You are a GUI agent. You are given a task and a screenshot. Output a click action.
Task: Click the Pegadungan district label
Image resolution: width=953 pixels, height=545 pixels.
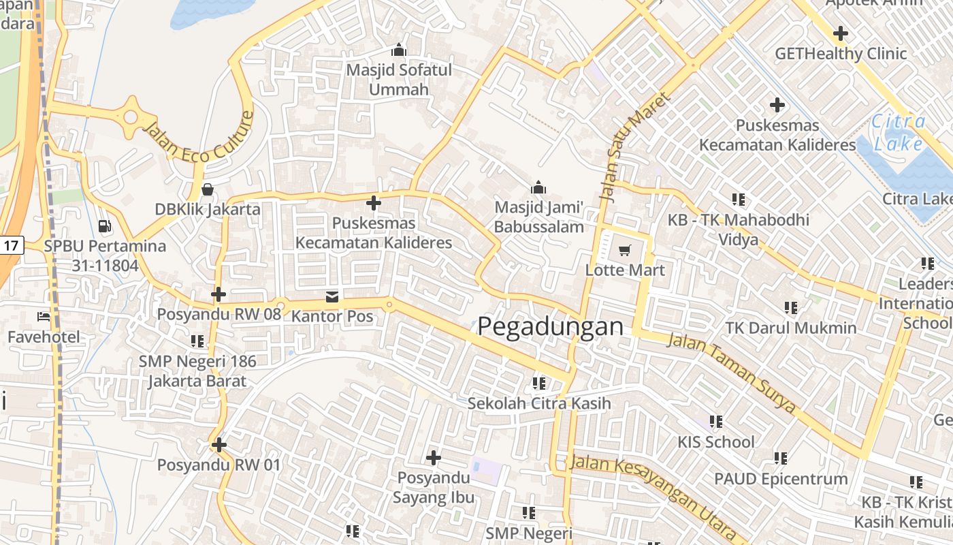pyautogui.click(x=550, y=327)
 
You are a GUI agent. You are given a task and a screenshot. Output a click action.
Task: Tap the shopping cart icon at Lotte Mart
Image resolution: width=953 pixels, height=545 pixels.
pyautogui.click(x=624, y=250)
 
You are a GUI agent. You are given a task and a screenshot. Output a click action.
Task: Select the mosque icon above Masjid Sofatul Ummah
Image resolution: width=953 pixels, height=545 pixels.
pyautogui.click(x=399, y=50)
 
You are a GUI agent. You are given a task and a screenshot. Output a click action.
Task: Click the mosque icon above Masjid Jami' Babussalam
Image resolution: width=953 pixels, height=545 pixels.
pyautogui.click(x=538, y=187)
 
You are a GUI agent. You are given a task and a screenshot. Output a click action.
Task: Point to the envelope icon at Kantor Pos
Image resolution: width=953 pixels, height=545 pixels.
pyautogui.click(x=332, y=296)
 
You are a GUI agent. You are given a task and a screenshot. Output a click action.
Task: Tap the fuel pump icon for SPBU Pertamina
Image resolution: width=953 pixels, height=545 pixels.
pyautogui.click(x=105, y=225)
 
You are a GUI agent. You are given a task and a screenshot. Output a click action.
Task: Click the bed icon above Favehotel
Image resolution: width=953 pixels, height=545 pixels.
pyautogui.click(x=44, y=317)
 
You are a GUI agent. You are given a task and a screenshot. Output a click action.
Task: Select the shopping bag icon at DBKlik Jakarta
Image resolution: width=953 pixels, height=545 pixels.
pyautogui.click(x=208, y=189)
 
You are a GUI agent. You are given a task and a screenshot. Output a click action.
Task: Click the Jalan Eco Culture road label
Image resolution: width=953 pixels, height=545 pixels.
pyautogui.click(x=198, y=138)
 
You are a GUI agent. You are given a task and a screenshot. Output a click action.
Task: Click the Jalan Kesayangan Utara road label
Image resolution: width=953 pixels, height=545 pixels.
pyautogui.click(x=653, y=492)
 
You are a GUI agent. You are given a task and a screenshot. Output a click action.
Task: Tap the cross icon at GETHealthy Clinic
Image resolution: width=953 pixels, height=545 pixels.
pyautogui.click(x=841, y=33)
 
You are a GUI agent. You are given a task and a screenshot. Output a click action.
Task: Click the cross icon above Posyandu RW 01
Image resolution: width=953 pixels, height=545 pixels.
pyautogui.click(x=219, y=446)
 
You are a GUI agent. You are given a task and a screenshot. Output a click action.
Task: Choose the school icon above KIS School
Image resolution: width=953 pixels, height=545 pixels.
pyautogui.click(x=715, y=422)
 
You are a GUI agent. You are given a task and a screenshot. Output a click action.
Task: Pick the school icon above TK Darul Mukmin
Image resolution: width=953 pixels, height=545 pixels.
pyautogui.click(x=790, y=308)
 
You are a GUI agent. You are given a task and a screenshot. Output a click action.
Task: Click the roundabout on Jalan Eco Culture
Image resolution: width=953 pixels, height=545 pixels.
pyautogui.click(x=130, y=117)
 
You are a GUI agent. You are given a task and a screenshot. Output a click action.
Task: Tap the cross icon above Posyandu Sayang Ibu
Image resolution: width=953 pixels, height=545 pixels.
pyautogui.click(x=434, y=457)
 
